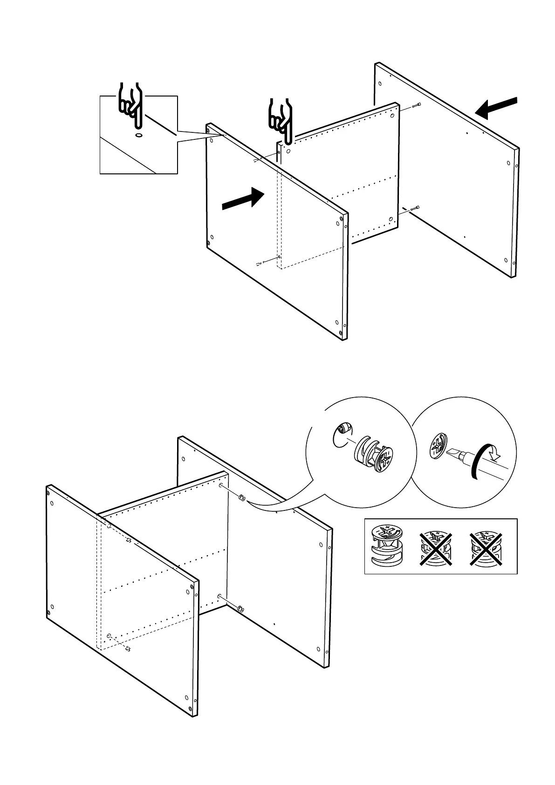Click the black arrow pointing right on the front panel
click(243, 199)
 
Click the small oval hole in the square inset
click(139, 135)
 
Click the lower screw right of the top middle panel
click(415, 208)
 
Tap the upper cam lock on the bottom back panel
click(242, 498)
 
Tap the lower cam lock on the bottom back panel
click(240, 608)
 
